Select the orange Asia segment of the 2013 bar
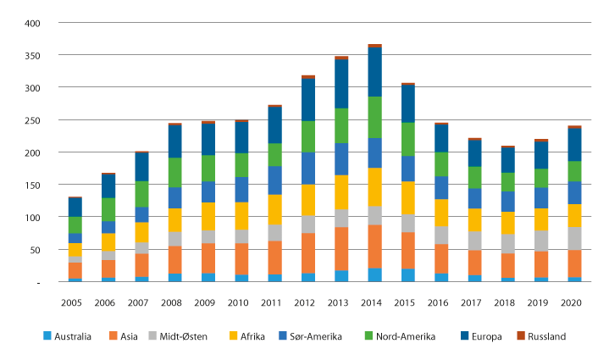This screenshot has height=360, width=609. point(340,249)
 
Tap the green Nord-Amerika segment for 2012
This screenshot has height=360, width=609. point(307,136)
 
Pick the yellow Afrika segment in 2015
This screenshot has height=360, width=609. point(408,198)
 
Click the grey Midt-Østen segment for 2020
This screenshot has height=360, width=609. point(573,238)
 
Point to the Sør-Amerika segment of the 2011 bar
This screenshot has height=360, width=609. point(274,180)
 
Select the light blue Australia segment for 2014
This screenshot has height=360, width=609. point(374,274)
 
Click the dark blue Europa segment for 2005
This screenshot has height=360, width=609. point(75,207)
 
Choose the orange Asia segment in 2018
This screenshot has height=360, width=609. point(507,265)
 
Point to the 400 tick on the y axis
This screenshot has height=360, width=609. point(31,23)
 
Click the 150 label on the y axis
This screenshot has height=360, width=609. point(31,185)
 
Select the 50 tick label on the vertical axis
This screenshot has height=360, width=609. point(34,250)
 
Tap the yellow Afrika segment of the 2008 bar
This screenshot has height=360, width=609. point(174,219)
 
